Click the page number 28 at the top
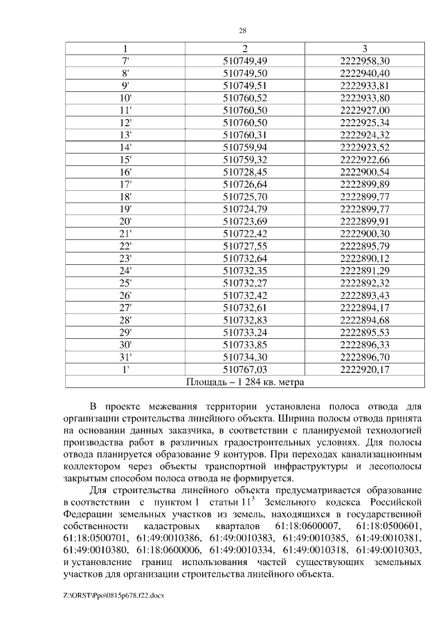tap(242, 30)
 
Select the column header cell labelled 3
tap(365, 49)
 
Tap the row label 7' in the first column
tap(125, 61)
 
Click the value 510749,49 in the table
tap(245, 61)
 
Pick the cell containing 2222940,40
tap(365, 73)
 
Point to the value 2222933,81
tap(365, 86)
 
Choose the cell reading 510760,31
tap(245, 134)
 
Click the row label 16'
tap(125, 171)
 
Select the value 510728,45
tap(245, 171)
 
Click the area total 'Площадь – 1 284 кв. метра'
tap(245, 381)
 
